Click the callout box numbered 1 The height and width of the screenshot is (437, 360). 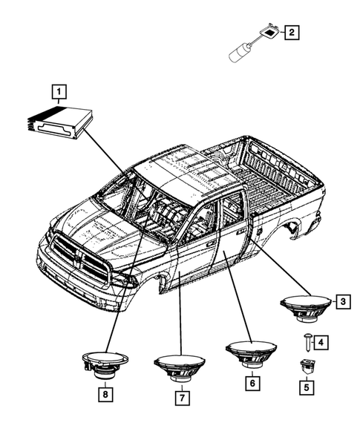[x=57, y=92]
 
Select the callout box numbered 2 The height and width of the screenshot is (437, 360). [x=292, y=32]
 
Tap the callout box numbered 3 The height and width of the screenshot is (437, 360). [x=342, y=301]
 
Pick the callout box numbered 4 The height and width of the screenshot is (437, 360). [x=321, y=341]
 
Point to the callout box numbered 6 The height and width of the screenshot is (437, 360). [x=252, y=383]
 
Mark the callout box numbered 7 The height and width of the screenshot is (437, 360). [x=180, y=398]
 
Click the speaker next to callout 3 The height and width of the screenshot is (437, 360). [x=304, y=308]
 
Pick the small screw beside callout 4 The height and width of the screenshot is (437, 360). [x=306, y=341]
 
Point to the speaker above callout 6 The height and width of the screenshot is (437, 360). [x=251, y=352]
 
